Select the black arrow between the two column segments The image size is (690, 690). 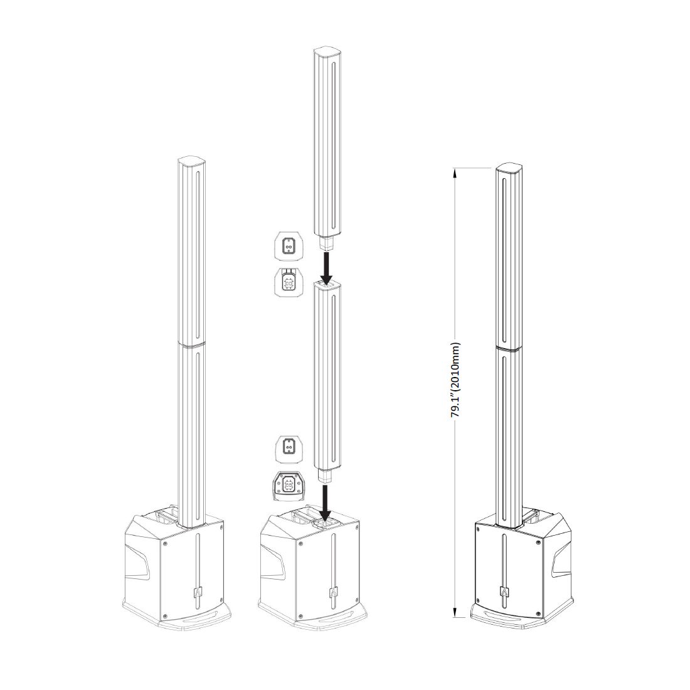(x=326, y=267)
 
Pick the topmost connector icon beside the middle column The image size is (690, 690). (x=289, y=248)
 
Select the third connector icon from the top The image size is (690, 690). (x=289, y=449)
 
